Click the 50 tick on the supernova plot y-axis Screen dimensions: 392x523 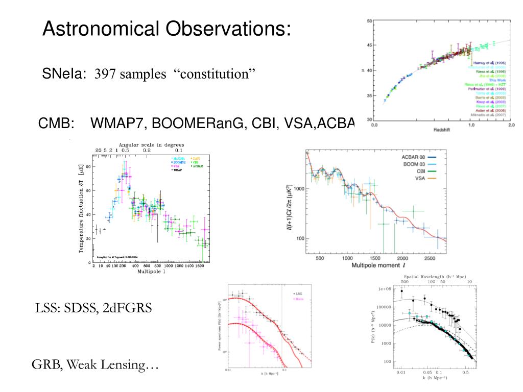pyautogui.click(x=369, y=21)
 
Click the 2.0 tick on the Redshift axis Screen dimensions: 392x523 pyautogui.click(x=511, y=125)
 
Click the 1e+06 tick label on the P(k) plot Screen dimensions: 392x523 pyautogui.click(x=385, y=289)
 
